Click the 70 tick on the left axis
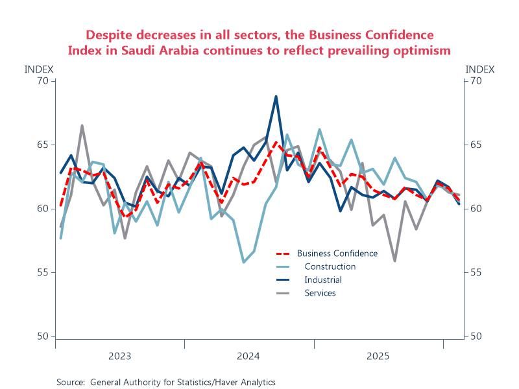pos(43,80)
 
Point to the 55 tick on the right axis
pos(475,272)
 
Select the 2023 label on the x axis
pos(119,356)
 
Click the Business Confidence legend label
pos(337,253)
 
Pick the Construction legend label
pos(330,266)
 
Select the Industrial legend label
pos(323,280)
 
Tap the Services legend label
pos(320,293)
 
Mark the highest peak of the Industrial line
pos(276,97)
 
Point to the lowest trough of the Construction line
pos(244,262)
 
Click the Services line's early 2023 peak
pos(82,126)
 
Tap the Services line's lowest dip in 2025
pos(394,261)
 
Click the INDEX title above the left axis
pos(39,69)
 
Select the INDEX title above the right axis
pos(480,69)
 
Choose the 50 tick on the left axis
pos(43,336)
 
